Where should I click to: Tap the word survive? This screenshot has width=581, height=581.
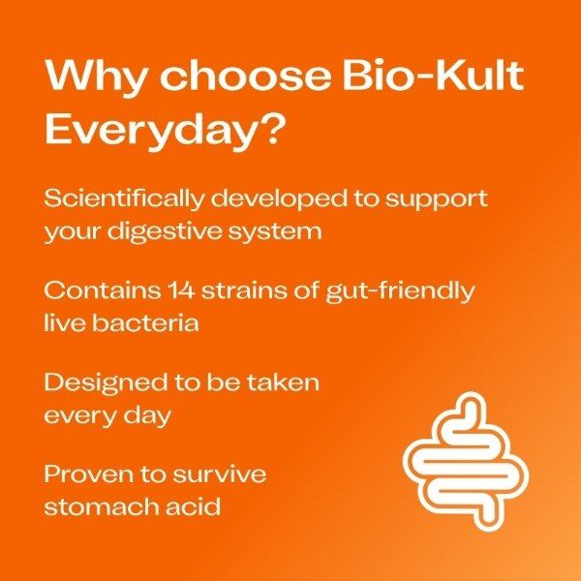click(219, 474)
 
